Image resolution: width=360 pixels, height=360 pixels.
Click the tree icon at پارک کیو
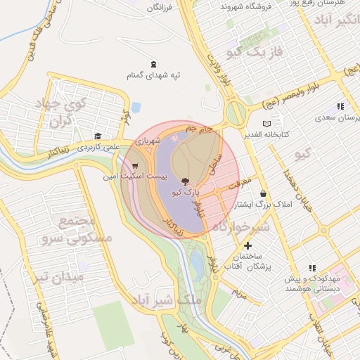[x=185, y=181]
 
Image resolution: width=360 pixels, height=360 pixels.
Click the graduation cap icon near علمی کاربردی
[x=98, y=136]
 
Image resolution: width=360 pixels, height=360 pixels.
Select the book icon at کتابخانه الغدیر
[x=267, y=123]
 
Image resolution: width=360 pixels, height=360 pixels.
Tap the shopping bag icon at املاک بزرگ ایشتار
[x=264, y=193]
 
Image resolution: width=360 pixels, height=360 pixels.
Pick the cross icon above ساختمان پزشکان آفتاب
[x=247, y=246]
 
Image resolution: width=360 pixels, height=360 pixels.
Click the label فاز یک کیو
[x=259, y=52]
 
